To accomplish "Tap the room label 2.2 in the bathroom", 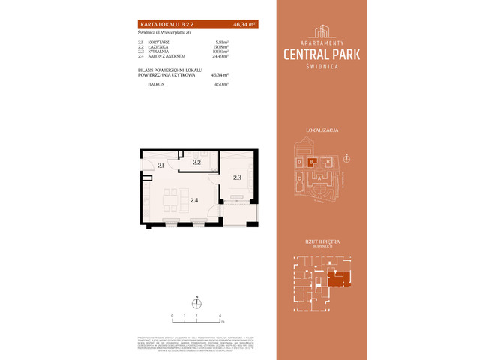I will point(196,162).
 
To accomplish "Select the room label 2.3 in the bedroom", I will point(237,178).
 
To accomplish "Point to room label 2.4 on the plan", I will point(194,200).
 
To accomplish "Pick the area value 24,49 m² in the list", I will point(220,56).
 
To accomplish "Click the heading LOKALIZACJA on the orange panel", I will point(322,130).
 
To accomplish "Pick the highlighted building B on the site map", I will point(310,161).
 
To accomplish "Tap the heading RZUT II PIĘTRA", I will point(322,241).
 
